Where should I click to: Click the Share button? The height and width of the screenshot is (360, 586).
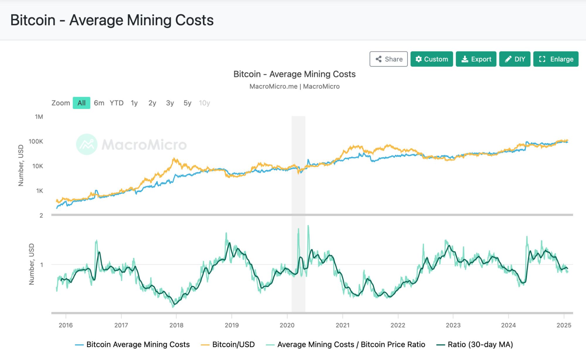tap(388, 59)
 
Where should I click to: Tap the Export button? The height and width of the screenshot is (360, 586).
tap(476, 59)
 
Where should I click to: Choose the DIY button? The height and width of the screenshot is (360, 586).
tap(514, 59)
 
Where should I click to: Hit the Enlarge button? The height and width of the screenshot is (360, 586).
tap(556, 59)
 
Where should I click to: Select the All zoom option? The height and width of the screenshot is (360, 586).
tap(81, 103)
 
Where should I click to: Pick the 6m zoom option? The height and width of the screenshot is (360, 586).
tap(99, 103)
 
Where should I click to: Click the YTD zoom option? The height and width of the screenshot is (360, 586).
tap(116, 103)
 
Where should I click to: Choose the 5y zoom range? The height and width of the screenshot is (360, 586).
tap(187, 103)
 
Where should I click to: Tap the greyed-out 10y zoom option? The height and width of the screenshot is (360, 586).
tap(204, 103)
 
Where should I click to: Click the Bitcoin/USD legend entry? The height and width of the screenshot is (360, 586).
tap(233, 344)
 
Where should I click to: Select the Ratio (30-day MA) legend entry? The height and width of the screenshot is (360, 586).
tap(480, 344)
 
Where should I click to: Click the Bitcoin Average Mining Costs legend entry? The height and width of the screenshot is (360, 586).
tap(138, 344)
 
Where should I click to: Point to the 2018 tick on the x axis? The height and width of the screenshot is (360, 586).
tap(176, 325)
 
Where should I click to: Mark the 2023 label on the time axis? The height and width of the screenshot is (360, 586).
tap(453, 325)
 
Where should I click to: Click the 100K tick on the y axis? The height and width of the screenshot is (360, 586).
tap(36, 141)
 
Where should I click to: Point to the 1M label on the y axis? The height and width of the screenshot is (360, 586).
tap(39, 117)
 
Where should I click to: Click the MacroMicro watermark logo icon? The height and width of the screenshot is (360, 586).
tap(87, 144)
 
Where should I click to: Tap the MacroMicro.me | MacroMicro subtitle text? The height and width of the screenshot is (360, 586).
tap(294, 86)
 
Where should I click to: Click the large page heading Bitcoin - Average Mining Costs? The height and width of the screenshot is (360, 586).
tap(112, 20)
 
